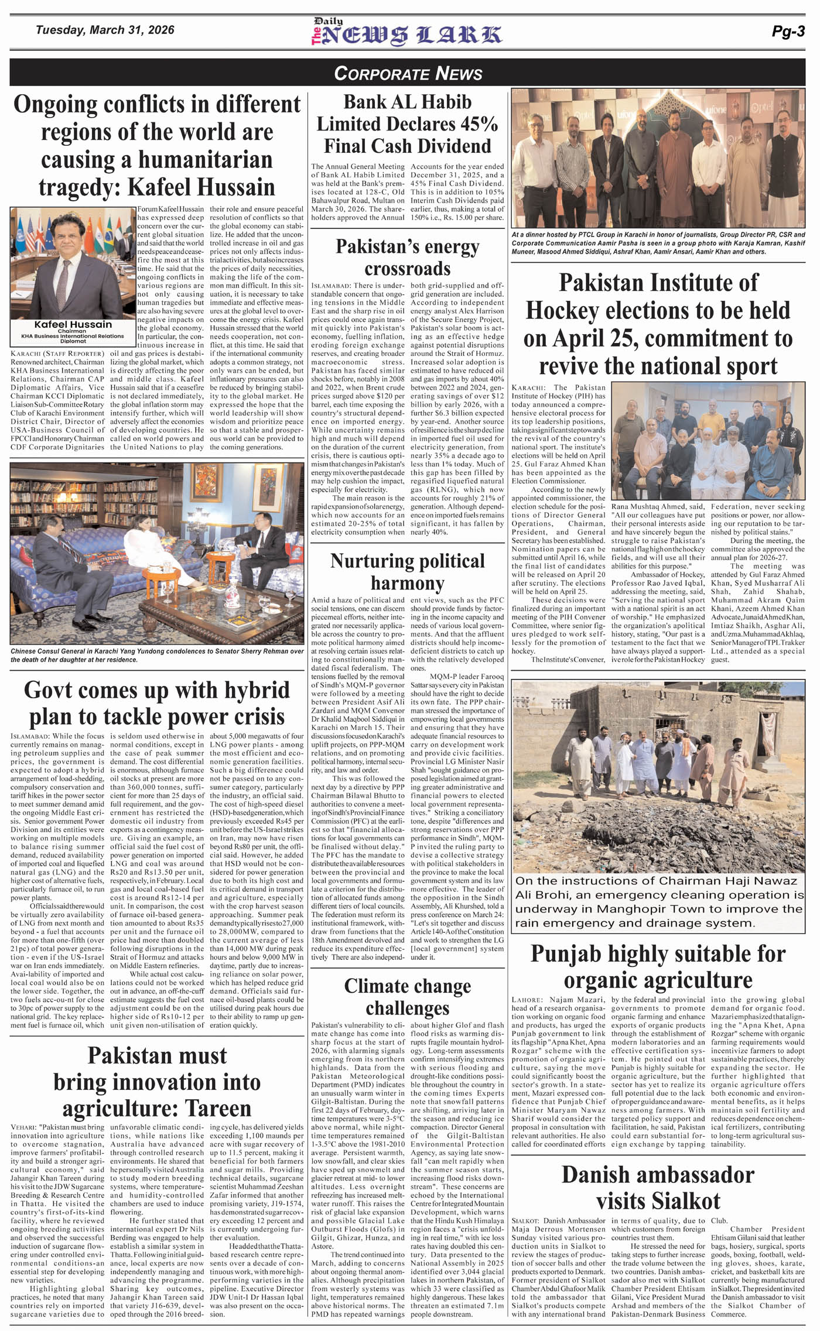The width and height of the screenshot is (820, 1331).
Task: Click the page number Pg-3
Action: pos(788,32)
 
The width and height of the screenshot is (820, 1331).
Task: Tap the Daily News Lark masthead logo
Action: pos(406,33)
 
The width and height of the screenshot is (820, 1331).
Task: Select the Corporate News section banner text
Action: pos(408,73)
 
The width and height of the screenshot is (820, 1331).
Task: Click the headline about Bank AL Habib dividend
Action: pos(407,124)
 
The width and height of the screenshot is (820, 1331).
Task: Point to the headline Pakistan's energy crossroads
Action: pos(407,258)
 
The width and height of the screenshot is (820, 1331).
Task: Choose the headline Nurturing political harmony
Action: pos(407,571)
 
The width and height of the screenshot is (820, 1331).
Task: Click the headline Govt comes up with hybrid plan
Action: pos(157,703)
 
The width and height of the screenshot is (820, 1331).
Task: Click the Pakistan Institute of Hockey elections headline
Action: pos(658,324)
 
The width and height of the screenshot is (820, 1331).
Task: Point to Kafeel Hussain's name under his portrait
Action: pos(73,324)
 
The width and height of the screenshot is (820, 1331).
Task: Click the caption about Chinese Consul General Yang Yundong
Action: pos(157,655)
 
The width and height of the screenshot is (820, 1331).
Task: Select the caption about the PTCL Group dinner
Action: pos(658,243)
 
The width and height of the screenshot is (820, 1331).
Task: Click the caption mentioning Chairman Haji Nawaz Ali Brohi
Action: pos(659,901)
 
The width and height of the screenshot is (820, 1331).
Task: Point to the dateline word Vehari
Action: pos(24,1127)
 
